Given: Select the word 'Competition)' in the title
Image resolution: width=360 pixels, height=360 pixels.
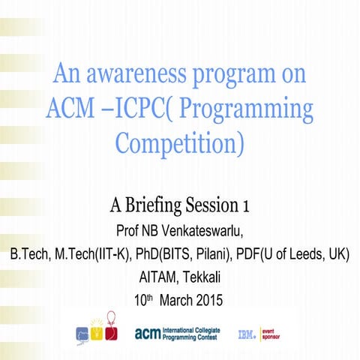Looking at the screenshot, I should tap(180, 142).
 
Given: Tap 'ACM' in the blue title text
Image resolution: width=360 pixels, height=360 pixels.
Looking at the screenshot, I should tap(73, 109).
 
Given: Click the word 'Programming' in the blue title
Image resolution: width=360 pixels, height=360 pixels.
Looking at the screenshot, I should tap(247, 109).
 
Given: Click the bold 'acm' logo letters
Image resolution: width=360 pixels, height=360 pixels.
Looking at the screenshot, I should tap(147, 332).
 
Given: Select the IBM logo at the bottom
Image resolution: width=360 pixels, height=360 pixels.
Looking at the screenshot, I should tap(247, 333).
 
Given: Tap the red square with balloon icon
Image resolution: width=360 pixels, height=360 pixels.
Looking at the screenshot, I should tap(112, 331).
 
